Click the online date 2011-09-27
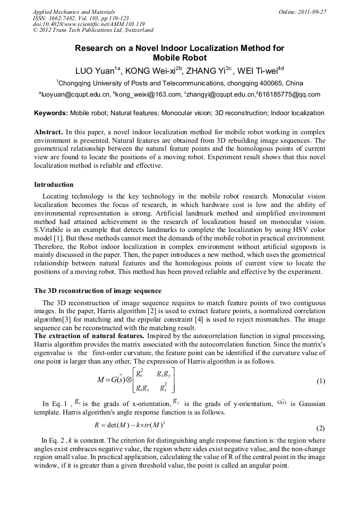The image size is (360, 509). click(x=312, y=12)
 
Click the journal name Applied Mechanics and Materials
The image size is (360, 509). click(x=74, y=12)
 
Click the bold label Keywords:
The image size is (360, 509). click(x=51, y=113)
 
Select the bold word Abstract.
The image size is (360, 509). click(x=48, y=131)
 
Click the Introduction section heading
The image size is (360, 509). click(x=54, y=185)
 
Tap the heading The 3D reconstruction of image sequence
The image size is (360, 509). click(x=98, y=291)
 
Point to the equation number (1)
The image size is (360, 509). click(x=321, y=381)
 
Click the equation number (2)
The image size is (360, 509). click(x=321, y=428)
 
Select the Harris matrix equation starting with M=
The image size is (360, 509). click(x=135, y=381)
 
